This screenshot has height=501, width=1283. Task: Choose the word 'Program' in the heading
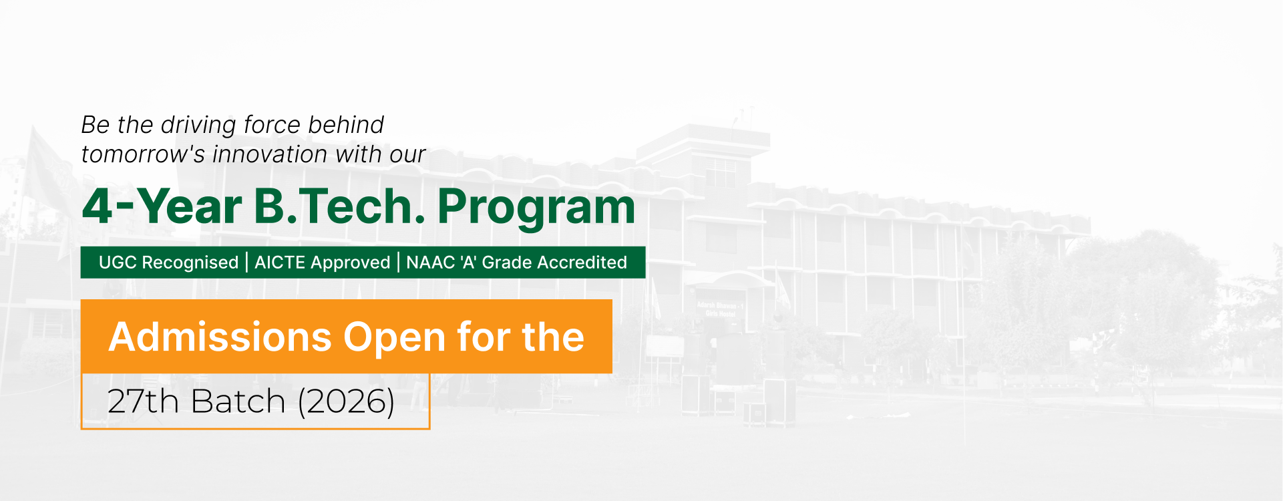536,208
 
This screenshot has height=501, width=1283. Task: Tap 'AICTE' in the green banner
280,263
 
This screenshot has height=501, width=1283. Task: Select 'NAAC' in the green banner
430,263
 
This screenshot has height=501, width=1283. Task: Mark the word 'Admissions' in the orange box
220,337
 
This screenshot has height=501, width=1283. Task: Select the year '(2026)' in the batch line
346,401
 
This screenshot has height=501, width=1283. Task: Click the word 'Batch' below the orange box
238,401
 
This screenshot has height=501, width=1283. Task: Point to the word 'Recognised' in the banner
190,263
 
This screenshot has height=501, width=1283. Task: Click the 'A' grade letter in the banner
469,263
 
